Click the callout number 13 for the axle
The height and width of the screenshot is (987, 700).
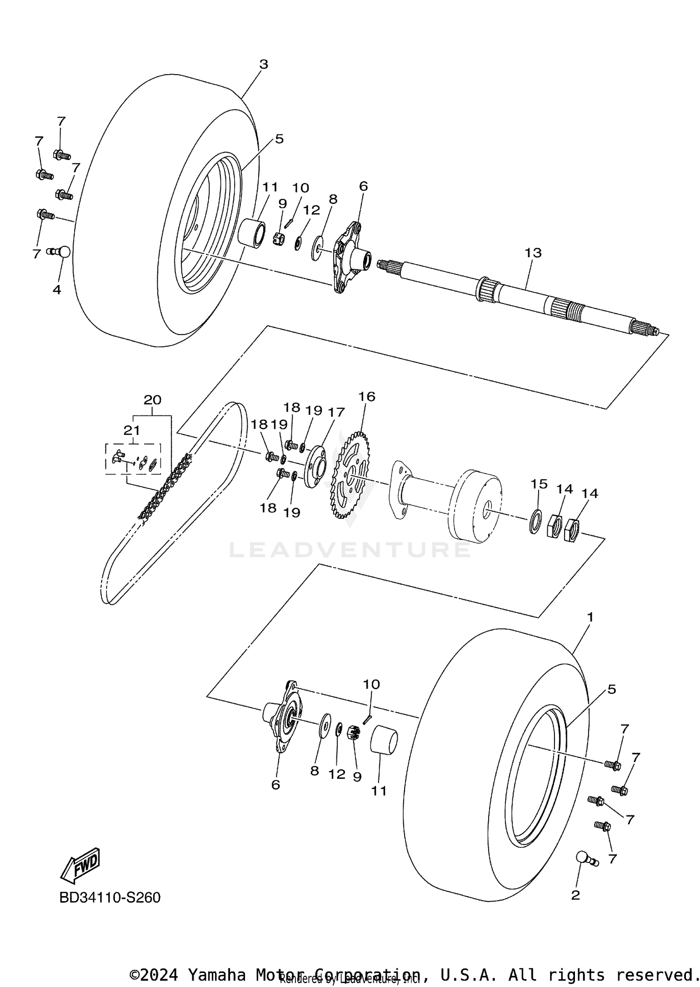[x=533, y=253]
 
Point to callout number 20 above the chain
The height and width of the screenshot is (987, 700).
[x=152, y=400]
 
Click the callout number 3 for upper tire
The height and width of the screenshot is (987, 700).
[x=264, y=64]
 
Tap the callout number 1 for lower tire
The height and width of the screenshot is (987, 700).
[x=590, y=617]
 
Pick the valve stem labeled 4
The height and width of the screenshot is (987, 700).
[x=60, y=252]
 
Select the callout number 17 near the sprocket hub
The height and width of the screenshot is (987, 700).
[x=336, y=413]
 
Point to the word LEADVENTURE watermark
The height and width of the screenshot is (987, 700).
[x=350, y=550]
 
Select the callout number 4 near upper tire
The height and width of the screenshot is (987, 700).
[x=56, y=290]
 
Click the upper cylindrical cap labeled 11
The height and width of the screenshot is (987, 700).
[x=252, y=232]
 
